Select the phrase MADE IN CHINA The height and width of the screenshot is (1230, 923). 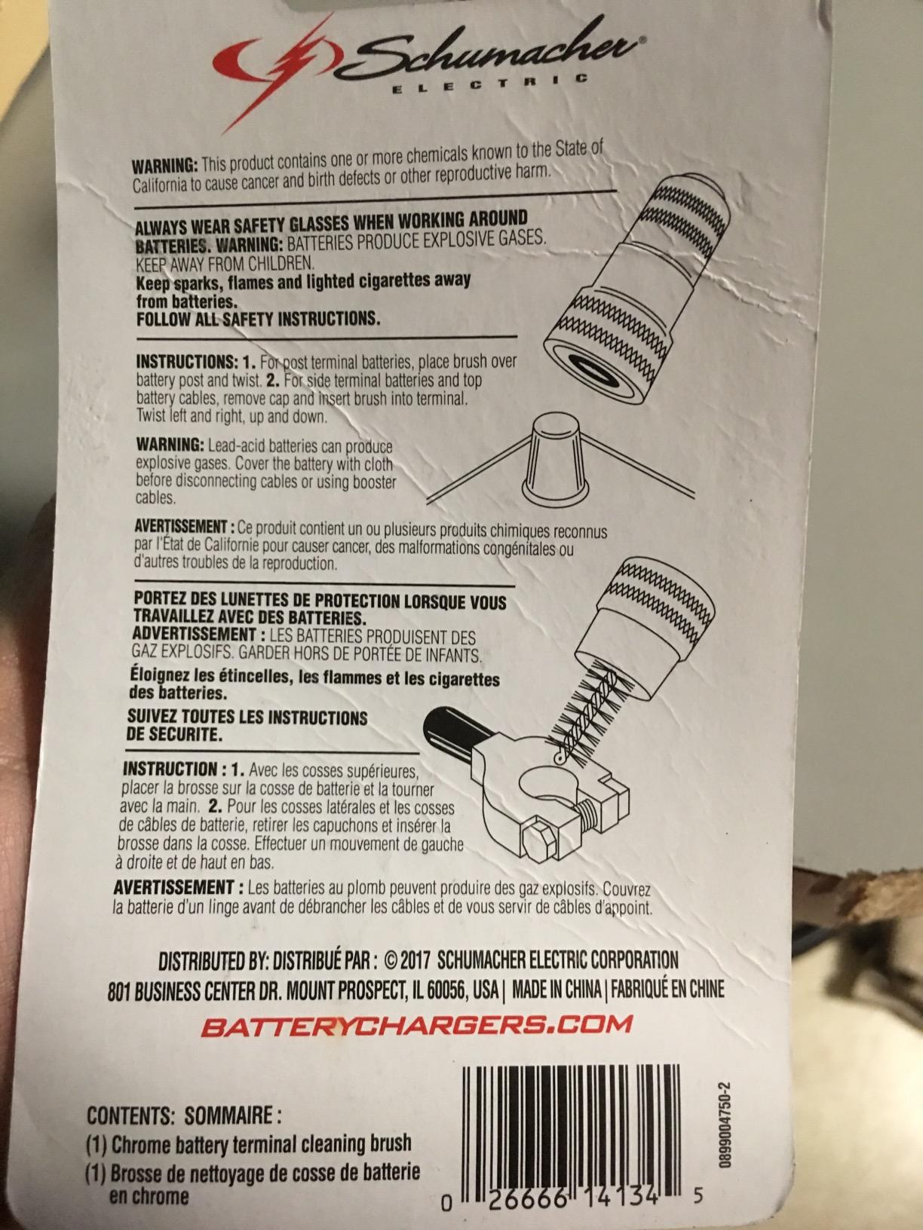(557, 990)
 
